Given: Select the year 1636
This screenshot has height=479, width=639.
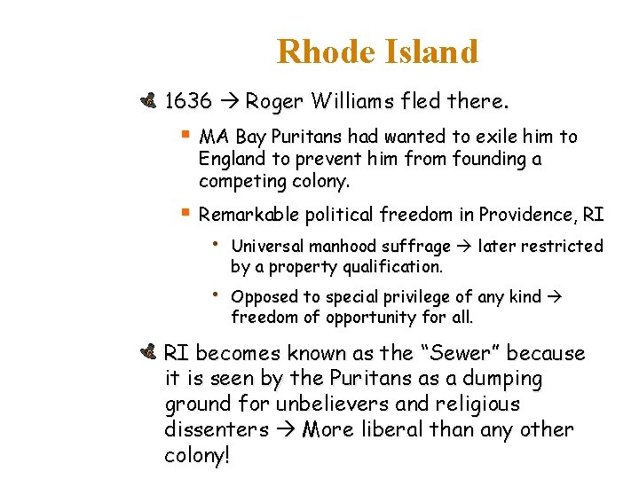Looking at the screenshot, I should coord(188,101).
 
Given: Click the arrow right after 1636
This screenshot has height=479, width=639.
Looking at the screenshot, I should coord(228,101).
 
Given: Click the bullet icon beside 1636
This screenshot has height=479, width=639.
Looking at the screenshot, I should coord(148,101).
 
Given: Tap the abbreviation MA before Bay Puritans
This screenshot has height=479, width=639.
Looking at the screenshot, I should coord(210,137).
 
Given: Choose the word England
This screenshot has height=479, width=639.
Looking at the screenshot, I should coord(232,159).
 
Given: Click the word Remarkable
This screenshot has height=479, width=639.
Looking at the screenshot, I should coord(248,215).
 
